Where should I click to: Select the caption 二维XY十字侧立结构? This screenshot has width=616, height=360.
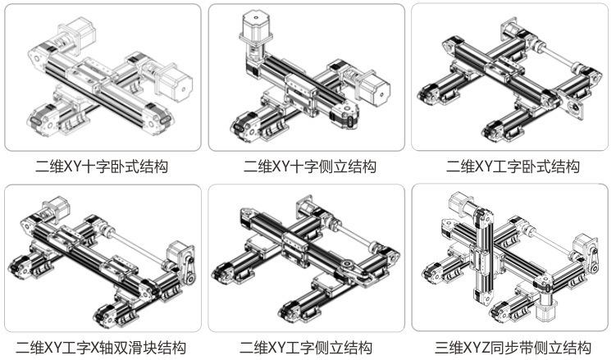(x=309, y=167)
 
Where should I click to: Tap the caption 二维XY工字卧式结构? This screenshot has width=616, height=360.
(x=513, y=167)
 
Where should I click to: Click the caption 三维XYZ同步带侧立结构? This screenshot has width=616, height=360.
(x=513, y=348)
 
